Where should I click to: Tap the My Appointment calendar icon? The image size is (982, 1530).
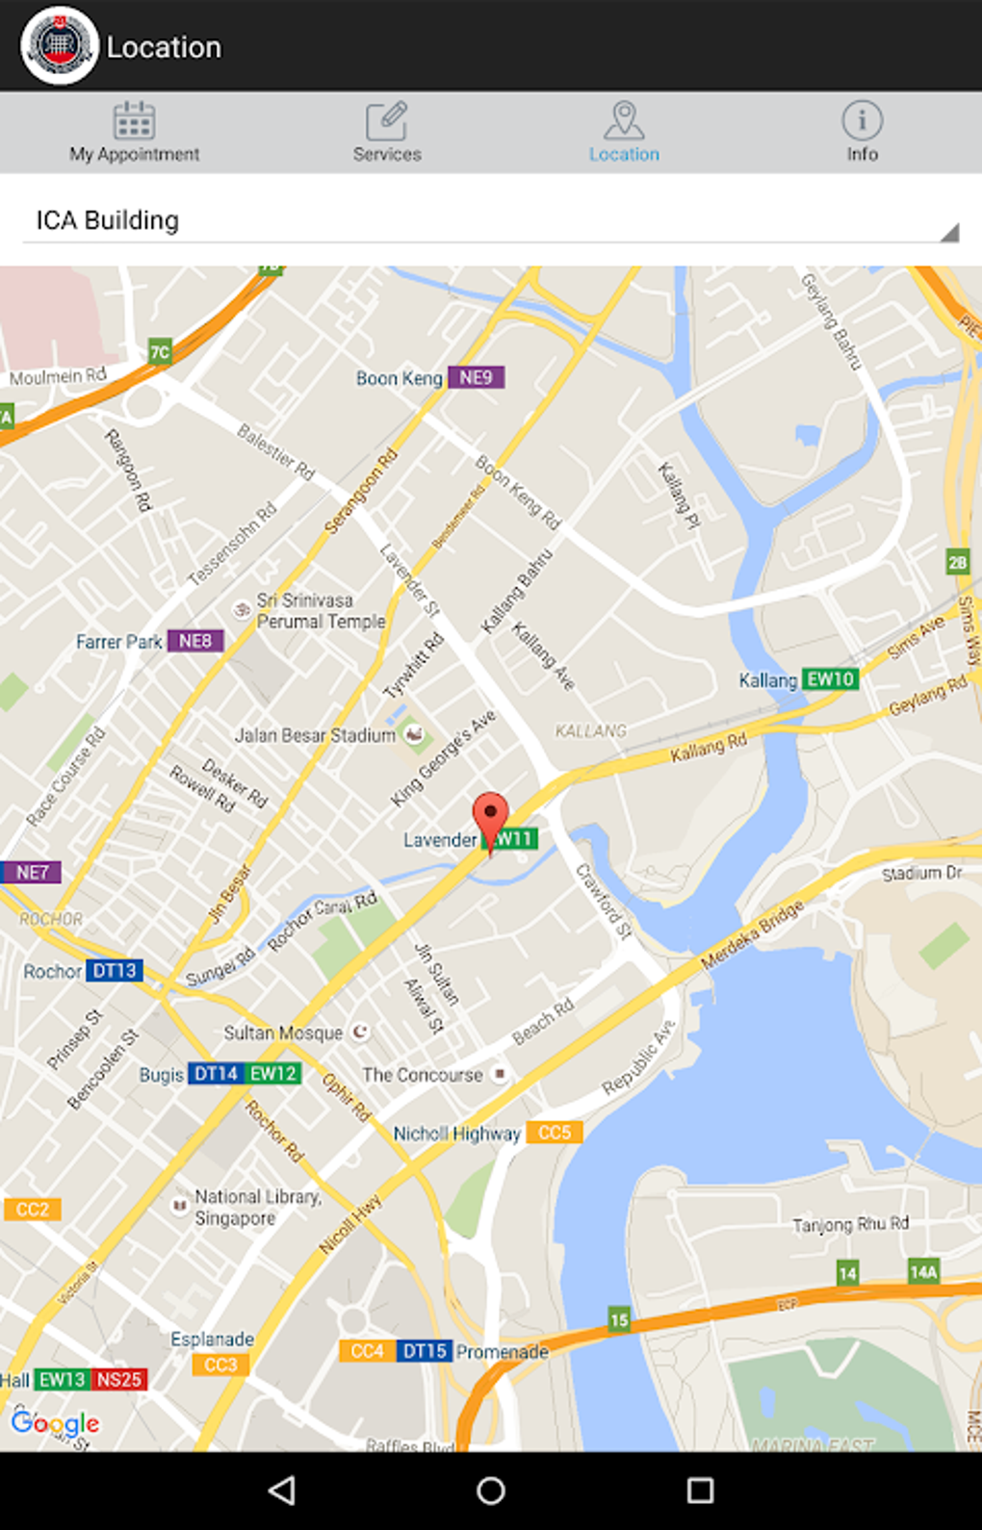134,121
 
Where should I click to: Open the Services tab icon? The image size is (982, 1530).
387,121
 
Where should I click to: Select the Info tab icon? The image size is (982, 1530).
862,120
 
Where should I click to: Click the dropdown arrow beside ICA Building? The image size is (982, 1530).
949,232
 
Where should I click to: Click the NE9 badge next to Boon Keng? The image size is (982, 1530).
476,378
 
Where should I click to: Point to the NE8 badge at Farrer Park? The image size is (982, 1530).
195,641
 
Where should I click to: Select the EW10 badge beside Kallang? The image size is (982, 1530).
830,679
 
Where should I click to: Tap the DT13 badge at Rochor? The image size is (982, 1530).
115,971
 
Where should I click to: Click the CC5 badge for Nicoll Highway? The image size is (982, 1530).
555,1133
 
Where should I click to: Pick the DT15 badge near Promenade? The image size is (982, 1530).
425,1351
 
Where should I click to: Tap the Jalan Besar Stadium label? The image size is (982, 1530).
316,735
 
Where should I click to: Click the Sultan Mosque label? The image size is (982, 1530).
283,1033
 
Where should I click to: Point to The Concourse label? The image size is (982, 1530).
423,1075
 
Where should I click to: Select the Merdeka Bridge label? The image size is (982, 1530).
752,935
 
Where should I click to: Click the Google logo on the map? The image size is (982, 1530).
56,1423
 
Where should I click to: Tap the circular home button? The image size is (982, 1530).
491,1491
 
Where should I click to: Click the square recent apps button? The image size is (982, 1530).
700,1491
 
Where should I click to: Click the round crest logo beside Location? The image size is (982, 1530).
60,45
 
